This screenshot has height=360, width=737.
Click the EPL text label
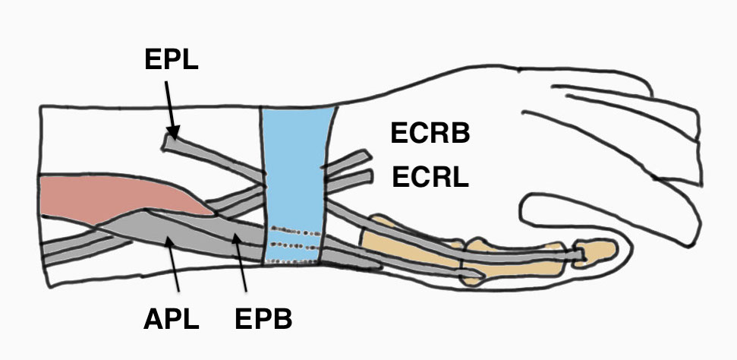[171, 60]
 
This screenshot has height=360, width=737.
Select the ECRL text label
[430, 178]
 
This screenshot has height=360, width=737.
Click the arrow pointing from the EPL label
[170, 106]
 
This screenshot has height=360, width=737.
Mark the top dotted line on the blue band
[297, 229]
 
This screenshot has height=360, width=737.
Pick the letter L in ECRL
[460, 178]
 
